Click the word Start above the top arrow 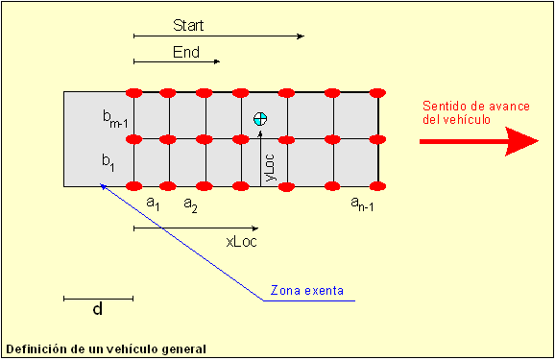188,26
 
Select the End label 186,53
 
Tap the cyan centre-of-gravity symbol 260,119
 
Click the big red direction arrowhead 521,141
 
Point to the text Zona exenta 307,291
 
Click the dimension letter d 98,309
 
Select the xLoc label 241,242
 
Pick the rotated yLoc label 270,167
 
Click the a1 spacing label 153,204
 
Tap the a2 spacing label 190,204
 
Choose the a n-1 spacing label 362,204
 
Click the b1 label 109,163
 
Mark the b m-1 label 115,119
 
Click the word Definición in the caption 36,349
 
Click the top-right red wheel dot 377,93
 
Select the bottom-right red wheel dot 377,186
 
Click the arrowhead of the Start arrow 301,36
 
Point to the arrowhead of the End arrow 217,61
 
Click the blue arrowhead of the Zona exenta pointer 103,186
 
